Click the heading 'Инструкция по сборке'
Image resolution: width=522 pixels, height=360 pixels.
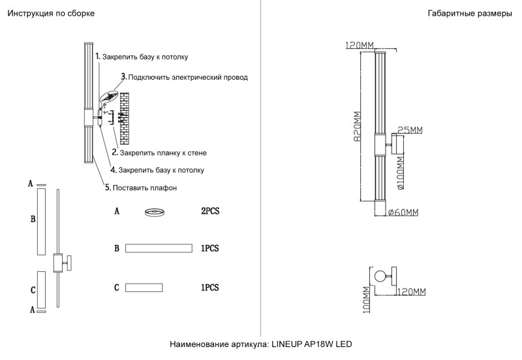(50, 14)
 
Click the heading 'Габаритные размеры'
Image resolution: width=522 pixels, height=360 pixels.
(470, 14)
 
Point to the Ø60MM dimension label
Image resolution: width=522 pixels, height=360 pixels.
(403, 212)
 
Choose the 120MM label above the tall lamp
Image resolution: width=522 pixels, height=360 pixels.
(360, 45)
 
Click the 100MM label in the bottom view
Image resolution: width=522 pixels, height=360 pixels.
(367, 302)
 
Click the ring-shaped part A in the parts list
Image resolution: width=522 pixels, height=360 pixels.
(155, 212)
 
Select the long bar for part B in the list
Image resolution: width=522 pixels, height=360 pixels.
(159, 248)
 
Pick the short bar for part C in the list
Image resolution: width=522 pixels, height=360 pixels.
(144, 287)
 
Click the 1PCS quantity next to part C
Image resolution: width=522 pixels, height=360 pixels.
(209, 287)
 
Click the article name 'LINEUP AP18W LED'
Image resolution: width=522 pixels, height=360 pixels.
(311, 344)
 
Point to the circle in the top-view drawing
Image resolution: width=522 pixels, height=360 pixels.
(377, 276)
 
